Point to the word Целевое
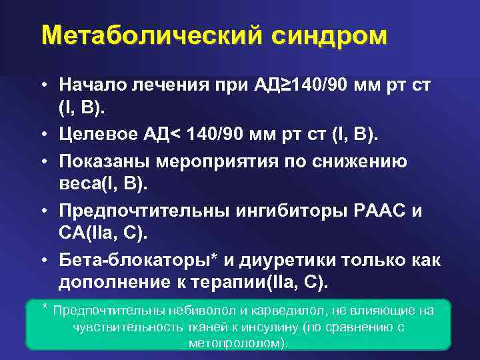pyautogui.click(x=101, y=137)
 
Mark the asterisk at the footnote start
pyautogui.click(x=45, y=309)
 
